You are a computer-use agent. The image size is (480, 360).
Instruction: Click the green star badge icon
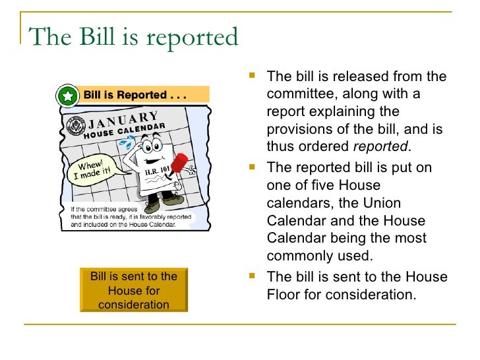(67, 96)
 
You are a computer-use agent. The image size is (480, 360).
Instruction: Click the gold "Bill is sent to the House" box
(134, 290)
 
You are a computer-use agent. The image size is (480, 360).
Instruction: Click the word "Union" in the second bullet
(385, 202)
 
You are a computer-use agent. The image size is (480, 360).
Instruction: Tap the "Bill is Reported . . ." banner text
(135, 95)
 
